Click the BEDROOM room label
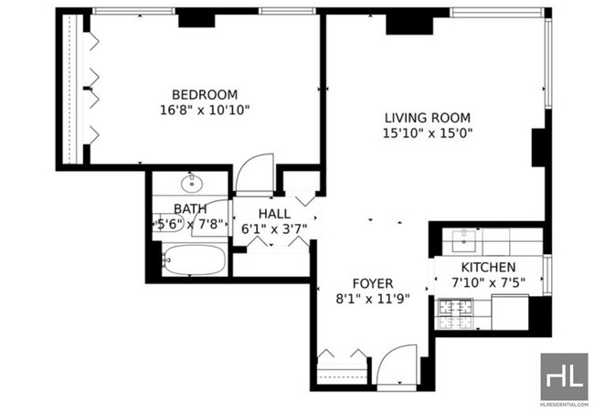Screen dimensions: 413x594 [x=205, y=94]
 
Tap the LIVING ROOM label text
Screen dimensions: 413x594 [x=427, y=117]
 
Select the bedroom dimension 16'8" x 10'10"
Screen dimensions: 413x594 [x=205, y=110]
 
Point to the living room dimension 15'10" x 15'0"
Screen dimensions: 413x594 [x=427, y=132]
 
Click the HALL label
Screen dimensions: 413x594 [x=274, y=213]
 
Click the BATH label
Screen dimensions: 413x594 [x=190, y=208]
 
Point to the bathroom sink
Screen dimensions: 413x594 [x=192, y=184]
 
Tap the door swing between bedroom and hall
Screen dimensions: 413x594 [x=251, y=174]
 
